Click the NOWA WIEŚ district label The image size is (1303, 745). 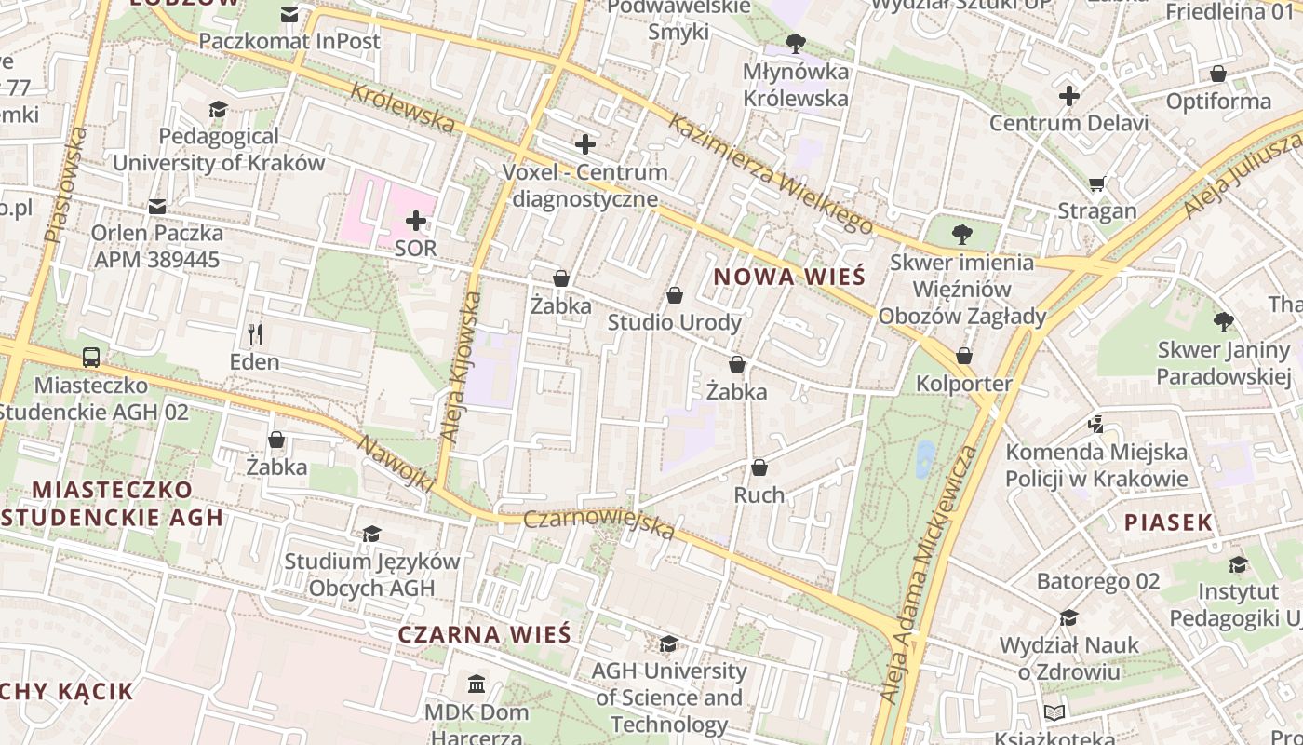[789, 277]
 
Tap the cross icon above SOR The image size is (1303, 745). [416, 221]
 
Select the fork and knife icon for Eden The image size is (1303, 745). [255, 333]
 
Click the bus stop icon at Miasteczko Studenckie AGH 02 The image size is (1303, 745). [91, 357]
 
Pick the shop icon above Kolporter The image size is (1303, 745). [964, 356]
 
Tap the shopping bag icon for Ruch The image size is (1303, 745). [759, 467]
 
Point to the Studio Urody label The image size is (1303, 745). [675, 322]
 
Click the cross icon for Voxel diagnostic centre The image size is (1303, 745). [585, 144]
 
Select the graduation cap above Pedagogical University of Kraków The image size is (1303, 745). [218, 109]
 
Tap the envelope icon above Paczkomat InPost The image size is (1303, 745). [289, 15]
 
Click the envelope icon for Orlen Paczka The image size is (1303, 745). [157, 206]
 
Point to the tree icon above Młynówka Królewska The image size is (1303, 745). [795, 43]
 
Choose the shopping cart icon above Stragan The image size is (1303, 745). [1097, 184]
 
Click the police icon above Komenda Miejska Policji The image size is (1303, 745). [1095, 425]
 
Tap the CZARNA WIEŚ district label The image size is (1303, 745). [484, 634]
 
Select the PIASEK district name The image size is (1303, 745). [1168, 522]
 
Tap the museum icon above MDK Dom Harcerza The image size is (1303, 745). [477, 684]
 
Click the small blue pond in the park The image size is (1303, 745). [924, 458]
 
